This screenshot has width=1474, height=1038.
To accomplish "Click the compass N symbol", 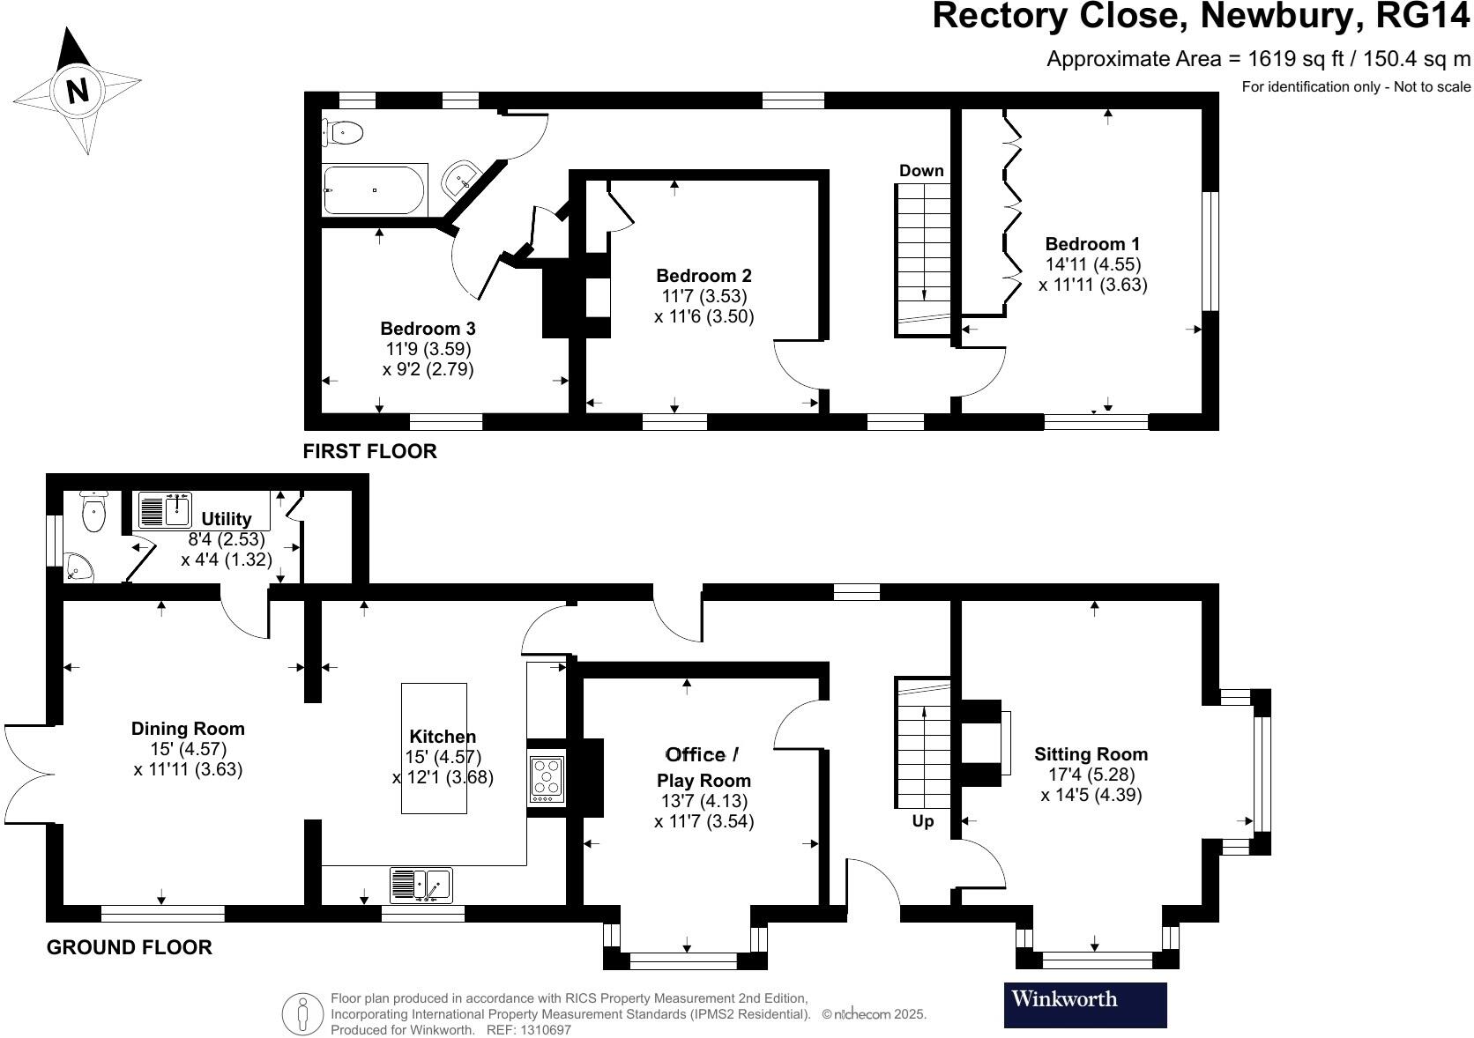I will tap(78, 90).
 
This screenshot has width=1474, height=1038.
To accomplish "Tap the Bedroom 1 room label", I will tap(1092, 244).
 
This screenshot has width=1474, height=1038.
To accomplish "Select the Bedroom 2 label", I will tap(703, 276).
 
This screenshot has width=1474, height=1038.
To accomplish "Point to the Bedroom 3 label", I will tap(428, 329).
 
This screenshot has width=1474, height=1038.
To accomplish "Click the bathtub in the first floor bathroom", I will tap(375, 190).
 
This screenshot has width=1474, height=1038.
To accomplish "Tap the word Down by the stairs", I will tap(921, 171).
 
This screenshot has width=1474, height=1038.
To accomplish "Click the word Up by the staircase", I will tap(922, 821).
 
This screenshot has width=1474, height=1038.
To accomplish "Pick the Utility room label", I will tap(227, 519).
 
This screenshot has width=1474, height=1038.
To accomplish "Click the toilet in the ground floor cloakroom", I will tap(93, 511).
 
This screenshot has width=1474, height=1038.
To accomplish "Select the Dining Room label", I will tap(188, 729).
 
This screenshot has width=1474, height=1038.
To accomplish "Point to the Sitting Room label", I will tap(1091, 754).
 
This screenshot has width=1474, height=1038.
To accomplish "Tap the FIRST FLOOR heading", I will tap(369, 451).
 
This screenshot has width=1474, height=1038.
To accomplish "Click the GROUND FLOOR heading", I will tap(129, 947).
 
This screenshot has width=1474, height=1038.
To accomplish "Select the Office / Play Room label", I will tap(703, 767).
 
